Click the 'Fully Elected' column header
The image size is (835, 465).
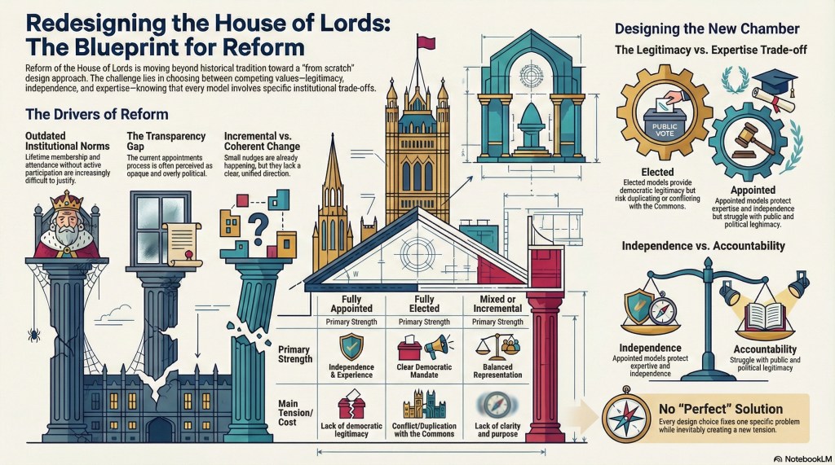click(425, 304)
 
